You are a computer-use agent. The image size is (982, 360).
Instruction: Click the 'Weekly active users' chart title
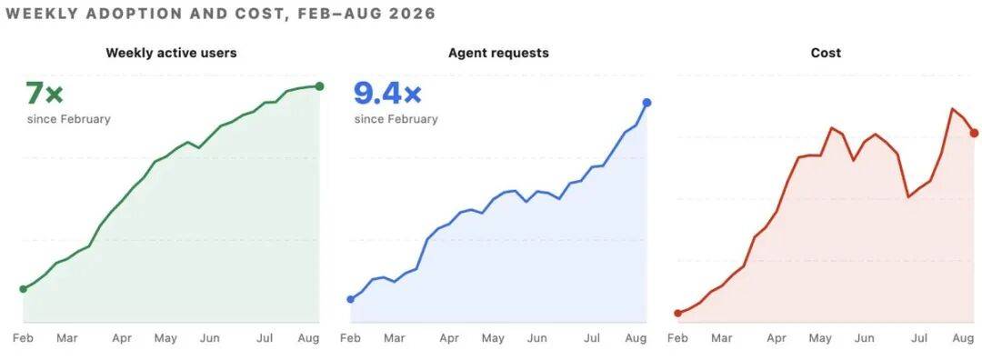pos(171,54)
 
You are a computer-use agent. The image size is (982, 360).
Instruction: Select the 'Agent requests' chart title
pos(498,54)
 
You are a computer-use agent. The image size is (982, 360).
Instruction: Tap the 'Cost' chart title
pos(826,54)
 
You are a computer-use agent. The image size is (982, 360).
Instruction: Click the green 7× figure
pos(45,94)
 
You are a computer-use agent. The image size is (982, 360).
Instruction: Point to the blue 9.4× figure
pos(387,94)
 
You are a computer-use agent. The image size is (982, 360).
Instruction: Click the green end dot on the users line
pos(319,86)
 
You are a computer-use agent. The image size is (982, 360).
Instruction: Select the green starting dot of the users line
pos(23,288)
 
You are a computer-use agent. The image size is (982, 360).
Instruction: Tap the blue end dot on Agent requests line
pos(647,103)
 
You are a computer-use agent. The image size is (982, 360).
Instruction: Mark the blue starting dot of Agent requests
pos(350,299)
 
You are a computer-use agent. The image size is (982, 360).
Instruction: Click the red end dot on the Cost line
pos(974,133)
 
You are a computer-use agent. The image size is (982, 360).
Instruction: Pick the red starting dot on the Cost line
pos(677,313)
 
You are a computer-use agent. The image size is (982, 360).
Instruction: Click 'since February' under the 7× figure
pos(69,119)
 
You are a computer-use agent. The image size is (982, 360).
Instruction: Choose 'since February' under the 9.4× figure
pos(396,119)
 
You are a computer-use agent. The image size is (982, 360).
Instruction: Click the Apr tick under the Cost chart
pos(777,339)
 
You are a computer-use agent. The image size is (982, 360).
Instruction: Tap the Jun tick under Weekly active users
pos(210,339)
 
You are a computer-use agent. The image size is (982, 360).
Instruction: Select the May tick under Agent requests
pos(494,339)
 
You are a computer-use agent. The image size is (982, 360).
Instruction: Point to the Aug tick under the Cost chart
pos(963,339)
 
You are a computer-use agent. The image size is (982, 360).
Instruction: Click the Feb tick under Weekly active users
pos(23,339)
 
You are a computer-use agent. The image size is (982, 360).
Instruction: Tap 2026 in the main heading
pos(413,14)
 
